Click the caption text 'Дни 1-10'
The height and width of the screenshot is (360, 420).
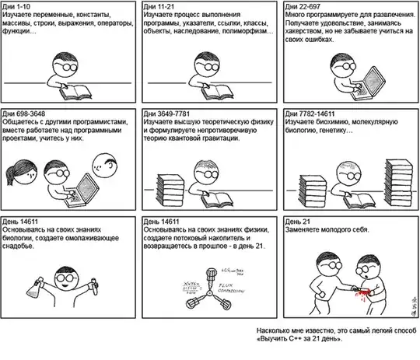point(18,5)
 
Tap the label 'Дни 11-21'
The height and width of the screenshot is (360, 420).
point(161,5)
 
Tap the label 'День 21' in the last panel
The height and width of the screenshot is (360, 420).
point(300,222)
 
